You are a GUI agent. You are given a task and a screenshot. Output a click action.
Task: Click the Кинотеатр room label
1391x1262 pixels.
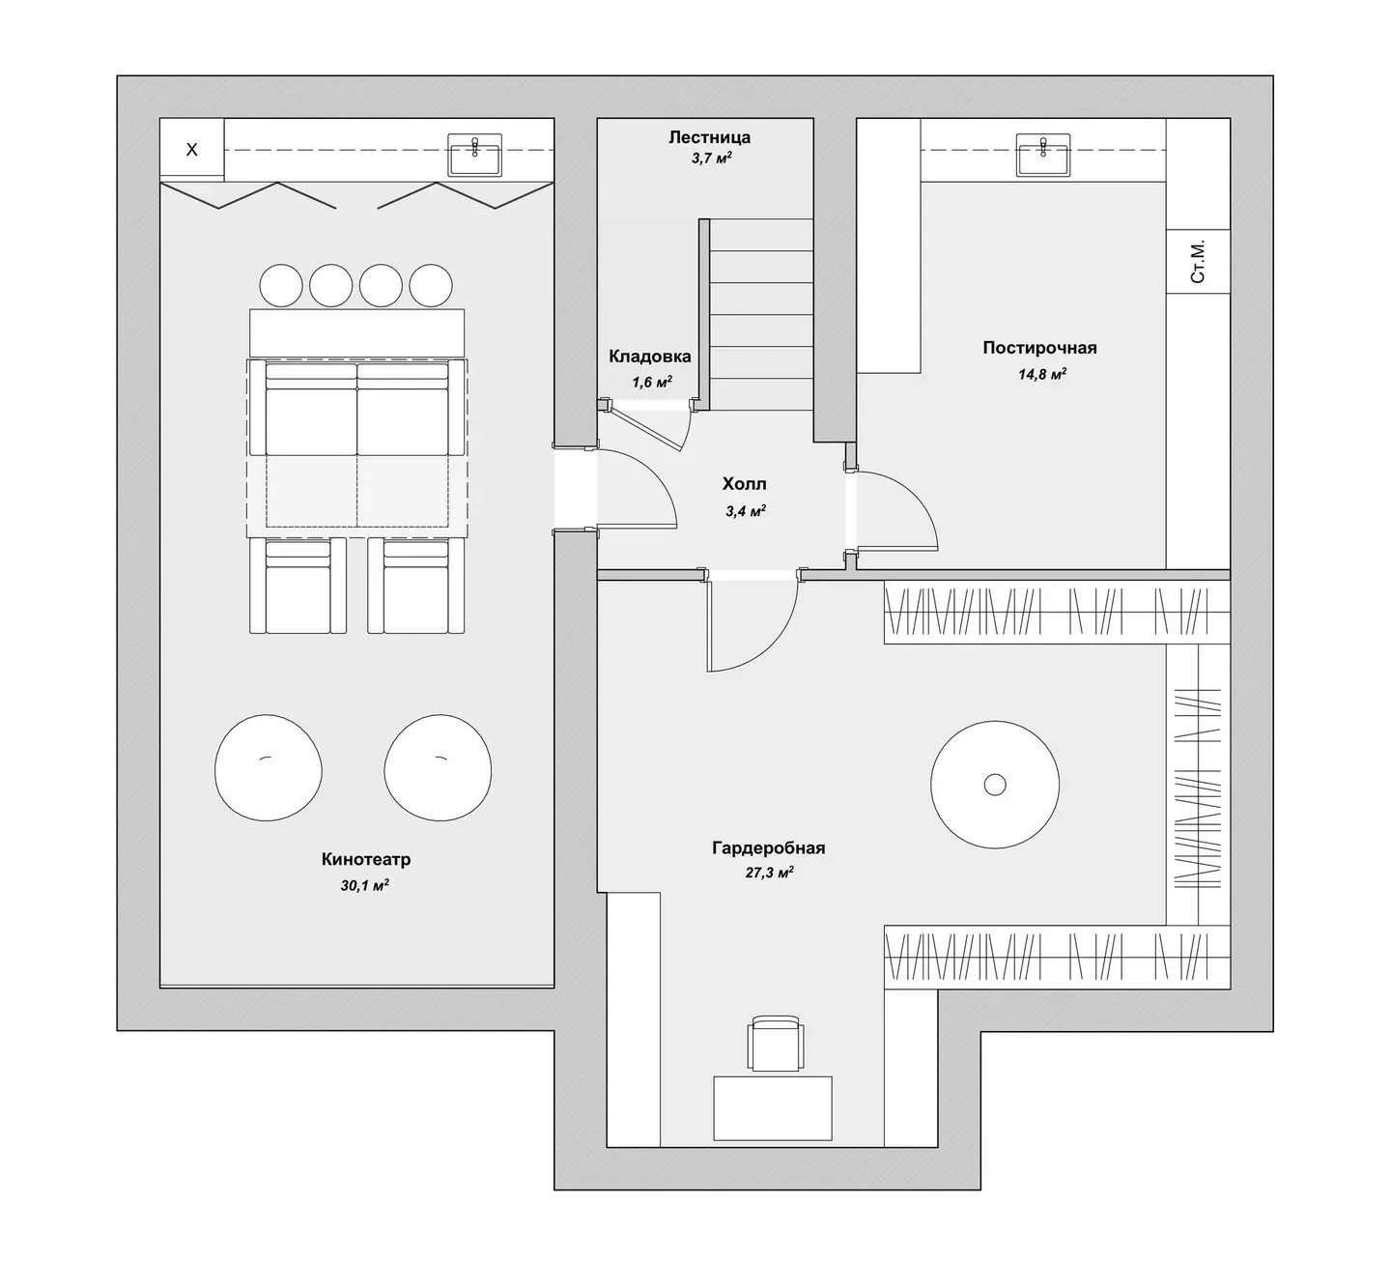click(x=365, y=860)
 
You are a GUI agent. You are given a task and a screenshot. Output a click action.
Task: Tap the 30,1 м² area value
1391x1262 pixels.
click(x=365, y=885)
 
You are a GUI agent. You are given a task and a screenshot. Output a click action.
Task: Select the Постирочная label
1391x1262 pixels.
click(x=1039, y=348)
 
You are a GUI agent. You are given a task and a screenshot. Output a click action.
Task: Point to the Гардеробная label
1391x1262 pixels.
click(x=768, y=847)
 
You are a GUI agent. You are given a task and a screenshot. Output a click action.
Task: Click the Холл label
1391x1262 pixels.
click(x=745, y=483)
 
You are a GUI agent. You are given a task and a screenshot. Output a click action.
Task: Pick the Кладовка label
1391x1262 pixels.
click(x=650, y=357)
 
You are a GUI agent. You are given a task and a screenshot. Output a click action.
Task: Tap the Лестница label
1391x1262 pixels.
click(x=709, y=136)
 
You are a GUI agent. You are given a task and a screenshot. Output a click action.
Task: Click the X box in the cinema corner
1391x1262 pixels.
click(x=192, y=149)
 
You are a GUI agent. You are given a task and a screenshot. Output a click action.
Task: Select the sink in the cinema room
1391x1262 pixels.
click(x=475, y=154)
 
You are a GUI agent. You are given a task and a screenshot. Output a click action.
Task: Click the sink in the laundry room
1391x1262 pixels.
click(x=1043, y=154)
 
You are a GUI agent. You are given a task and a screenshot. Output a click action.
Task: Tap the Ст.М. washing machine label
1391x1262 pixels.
click(x=1198, y=262)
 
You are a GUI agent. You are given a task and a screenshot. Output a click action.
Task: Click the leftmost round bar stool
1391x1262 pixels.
click(x=281, y=285)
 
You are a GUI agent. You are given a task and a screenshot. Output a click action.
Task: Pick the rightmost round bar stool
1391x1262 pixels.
click(x=431, y=285)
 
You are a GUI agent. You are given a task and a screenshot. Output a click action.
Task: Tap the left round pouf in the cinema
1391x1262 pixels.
click(x=269, y=768)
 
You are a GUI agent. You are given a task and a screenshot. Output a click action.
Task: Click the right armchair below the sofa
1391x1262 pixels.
click(x=416, y=586)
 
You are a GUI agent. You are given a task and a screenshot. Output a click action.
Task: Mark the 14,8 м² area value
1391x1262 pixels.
click(x=1042, y=374)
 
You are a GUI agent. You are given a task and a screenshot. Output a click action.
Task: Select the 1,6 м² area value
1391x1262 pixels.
click(x=652, y=382)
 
